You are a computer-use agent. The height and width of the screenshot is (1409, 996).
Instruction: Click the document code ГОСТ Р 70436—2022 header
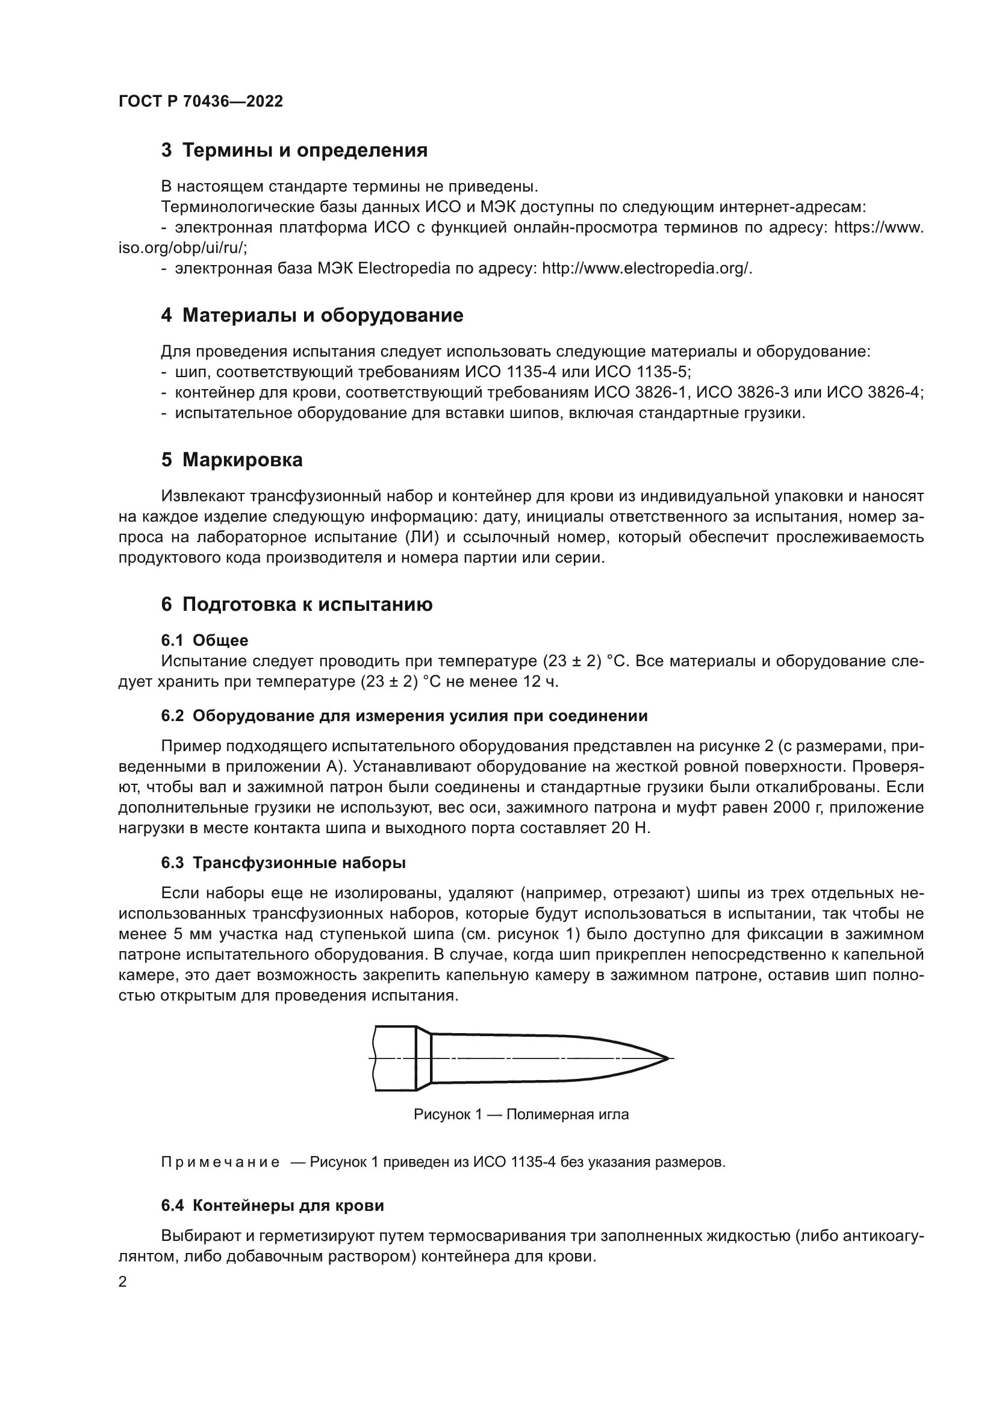coord(201,102)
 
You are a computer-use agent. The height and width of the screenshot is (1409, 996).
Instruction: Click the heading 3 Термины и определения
coord(294,151)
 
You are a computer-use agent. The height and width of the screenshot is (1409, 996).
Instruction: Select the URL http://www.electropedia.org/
coord(646,268)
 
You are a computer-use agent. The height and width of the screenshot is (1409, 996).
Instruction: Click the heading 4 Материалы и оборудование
coord(312,316)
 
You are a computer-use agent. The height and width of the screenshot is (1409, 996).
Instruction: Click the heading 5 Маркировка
coord(232,460)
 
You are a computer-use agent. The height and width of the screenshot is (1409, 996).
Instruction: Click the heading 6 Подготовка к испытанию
coord(297,604)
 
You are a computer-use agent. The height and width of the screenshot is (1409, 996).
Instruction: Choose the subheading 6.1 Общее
coord(205,641)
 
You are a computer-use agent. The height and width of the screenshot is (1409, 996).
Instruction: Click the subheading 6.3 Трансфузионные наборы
coord(284,863)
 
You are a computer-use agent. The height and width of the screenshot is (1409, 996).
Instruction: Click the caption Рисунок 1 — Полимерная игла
coord(521,1114)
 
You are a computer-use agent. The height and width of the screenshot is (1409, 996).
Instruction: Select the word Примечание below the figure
coord(220,1162)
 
